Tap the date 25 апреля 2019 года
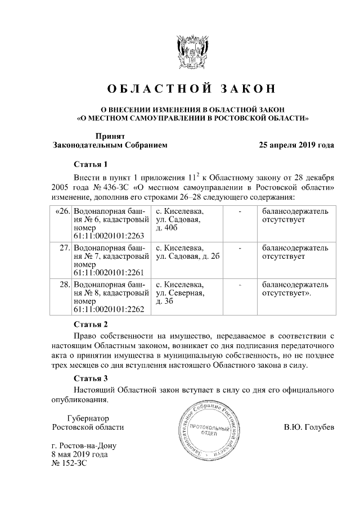tap(296, 145)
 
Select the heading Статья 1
tap(91, 165)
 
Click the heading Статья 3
tap(91, 379)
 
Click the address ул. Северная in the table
tap(179, 292)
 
